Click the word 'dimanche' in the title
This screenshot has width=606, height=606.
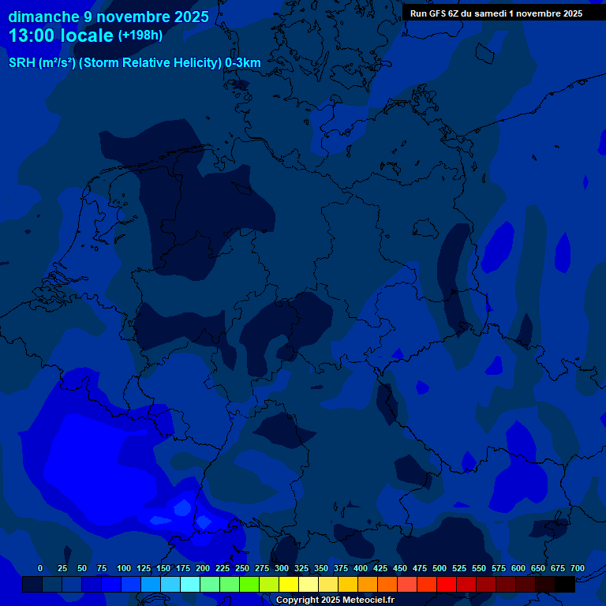[x=43, y=17]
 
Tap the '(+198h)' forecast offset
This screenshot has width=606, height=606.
[x=140, y=36]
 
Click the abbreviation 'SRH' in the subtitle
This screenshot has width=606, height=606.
[x=22, y=63]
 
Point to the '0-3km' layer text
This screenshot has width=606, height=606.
[x=243, y=63]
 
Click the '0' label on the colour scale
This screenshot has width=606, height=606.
[x=40, y=568]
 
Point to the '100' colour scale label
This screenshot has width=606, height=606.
[x=124, y=568]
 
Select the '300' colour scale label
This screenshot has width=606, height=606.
[x=282, y=568]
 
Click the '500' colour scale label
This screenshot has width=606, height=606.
[x=440, y=568]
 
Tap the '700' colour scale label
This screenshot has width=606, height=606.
[x=577, y=568]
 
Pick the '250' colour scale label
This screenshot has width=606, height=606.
[x=242, y=568]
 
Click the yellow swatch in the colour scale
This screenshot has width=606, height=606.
[x=289, y=585]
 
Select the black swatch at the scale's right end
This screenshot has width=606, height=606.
[x=565, y=585]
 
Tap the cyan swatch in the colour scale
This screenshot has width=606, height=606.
[x=190, y=585]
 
